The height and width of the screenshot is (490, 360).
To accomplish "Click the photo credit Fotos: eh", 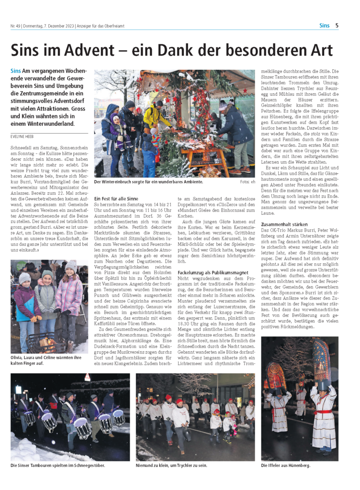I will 247,182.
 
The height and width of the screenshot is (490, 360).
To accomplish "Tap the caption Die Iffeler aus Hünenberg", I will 285,465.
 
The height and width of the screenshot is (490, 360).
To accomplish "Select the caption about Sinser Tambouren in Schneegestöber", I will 57,465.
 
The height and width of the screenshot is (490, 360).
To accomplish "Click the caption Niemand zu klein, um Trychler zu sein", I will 171,465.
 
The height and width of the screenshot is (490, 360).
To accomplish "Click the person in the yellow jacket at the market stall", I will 154,117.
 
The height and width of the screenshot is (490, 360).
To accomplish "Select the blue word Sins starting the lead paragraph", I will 15,71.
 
